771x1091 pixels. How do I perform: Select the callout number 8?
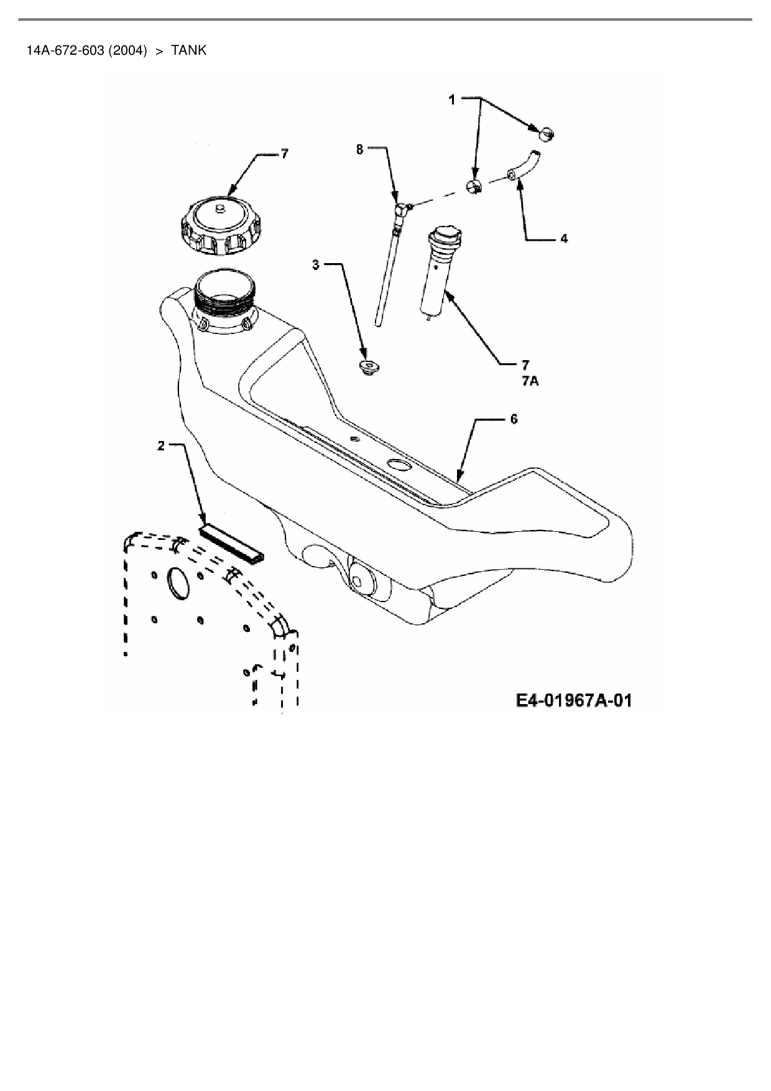[359, 149]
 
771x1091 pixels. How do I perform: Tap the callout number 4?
[564, 239]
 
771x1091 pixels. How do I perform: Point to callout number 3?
[316, 265]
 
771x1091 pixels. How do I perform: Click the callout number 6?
[514, 419]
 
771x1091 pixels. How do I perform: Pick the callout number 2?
[161, 445]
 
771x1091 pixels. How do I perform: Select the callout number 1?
[453, 100]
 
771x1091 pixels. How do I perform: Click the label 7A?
[530, 381]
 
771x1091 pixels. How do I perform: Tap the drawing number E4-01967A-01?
[573, 701]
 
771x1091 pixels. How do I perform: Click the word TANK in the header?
[188, 50]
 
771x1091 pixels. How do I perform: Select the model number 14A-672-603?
[65, 50]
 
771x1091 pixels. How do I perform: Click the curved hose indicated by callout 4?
[522, 167]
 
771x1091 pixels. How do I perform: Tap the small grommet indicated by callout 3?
[369, 367]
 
